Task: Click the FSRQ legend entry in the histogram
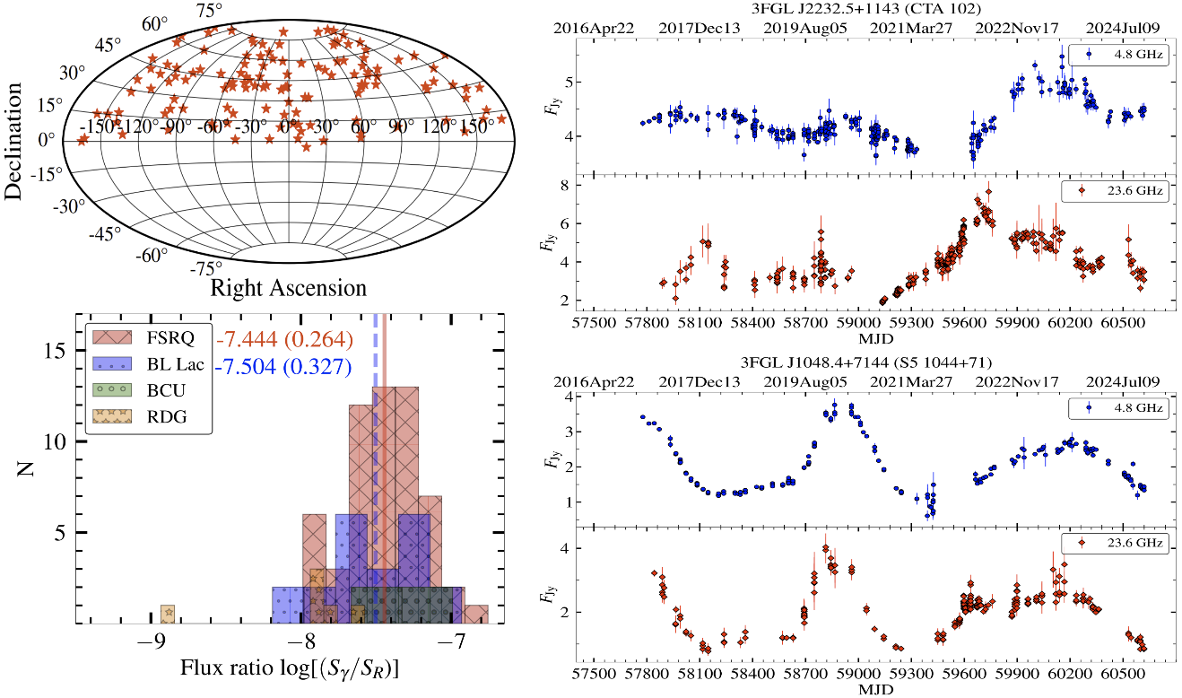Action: [x=149, y=337]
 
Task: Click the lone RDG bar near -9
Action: [x=167, y=614]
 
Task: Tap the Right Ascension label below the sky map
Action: [x=288, y=288]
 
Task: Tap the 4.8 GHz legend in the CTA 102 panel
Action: [x=1118, y=54]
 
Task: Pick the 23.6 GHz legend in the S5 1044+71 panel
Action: [x=1117, y=543]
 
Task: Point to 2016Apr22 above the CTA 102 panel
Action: [x=594, y=28]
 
